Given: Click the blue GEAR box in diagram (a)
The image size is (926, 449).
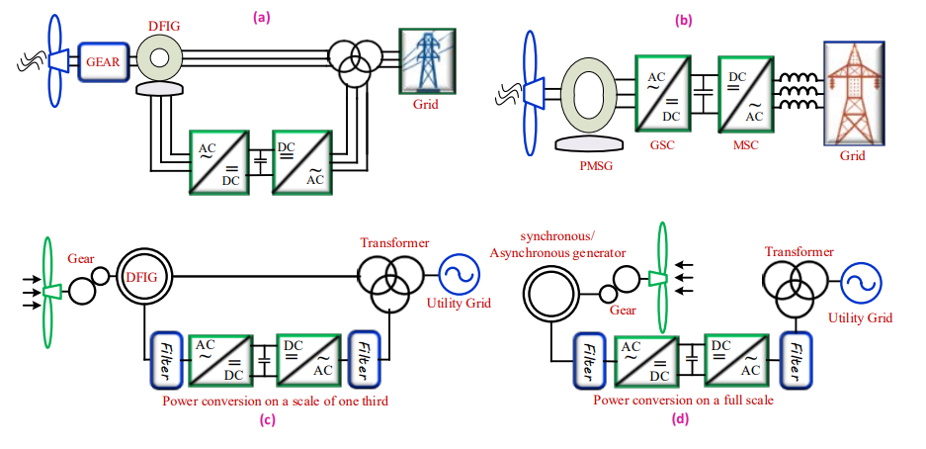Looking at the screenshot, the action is click(x=104, y=62).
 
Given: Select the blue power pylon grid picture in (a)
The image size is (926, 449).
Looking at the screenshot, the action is click(x=427, y=61).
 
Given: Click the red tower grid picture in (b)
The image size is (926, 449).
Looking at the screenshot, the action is click(x=854, y=93).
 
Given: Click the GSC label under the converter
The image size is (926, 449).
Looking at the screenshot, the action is click(x=662, y=145).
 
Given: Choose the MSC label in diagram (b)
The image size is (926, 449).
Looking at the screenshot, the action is click(x=745, y=145).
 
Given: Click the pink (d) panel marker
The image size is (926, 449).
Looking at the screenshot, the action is click(x=680, y=419).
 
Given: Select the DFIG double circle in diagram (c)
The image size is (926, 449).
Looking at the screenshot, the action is click(x=144, y=276).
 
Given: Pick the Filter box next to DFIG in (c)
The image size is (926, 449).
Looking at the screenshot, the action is click(x=167, y=361).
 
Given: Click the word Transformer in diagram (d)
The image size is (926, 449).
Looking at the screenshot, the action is click(x=800, y=252).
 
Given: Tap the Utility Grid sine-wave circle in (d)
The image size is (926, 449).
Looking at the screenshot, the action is click(x=861, y=283).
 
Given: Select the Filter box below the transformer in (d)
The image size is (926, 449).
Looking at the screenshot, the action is click(x=796, y=360).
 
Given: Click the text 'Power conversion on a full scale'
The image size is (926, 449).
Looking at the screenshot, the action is click(x=683, y=400).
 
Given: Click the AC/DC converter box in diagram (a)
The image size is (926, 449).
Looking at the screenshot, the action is click(x=218, y=160).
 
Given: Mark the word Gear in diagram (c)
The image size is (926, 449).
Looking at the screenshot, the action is click(x=80, y=258).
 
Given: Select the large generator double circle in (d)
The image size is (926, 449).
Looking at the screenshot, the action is click(x=550, y=293).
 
